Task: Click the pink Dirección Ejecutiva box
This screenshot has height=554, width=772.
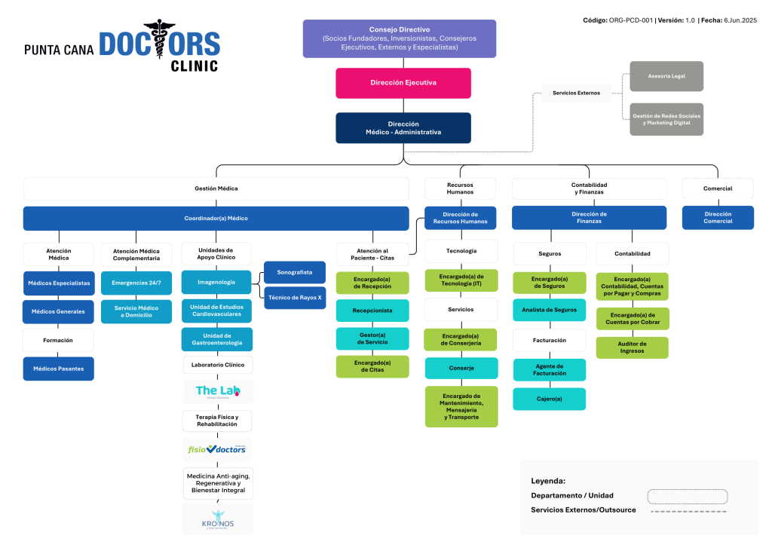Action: pyautogui.click(x=403, y=83)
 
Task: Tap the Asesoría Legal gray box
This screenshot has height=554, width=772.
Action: pyautogui.click(x=666, y=77)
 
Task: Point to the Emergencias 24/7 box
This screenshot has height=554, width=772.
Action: pyautogui.click(x=136, y=283)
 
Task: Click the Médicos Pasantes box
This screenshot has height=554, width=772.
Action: pyautogui.click(x=59, y=369)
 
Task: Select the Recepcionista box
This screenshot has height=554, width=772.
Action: pyautogui.click(x=372, y=311)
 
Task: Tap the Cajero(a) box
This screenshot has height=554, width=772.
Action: pyautogui.click(x=549, y=399)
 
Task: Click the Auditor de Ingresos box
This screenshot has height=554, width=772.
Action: pyautogui.click(x=632, y=347)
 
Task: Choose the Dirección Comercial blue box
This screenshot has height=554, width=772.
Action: pyautogui.click(x=718, y=218)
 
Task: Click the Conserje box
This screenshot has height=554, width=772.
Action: pyautogui.click(x=461, y=368)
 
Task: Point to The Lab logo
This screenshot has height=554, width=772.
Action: pyautogui.click(x=217, y=391)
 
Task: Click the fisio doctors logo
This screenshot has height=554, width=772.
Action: pyautogui.click(x=217, y=449)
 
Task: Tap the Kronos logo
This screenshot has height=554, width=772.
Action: pyautogui.click(x=217, y=519)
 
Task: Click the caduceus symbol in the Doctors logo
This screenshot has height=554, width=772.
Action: pyautogui.click(x=158, y=44)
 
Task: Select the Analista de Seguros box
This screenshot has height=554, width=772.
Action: pyautogui.click(x=549, y=310)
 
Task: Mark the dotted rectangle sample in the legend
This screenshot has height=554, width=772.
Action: pyautogui.click(x=687, y=496)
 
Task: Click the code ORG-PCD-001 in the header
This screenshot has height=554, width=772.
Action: pyautogui.click(x=631, y=20)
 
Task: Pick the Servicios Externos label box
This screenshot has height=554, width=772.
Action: pyautogui.click(x=576, y=93)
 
